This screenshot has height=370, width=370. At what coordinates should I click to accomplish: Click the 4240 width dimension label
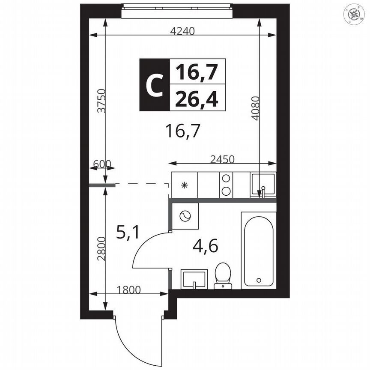182,31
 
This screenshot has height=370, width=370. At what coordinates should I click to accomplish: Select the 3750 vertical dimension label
101,101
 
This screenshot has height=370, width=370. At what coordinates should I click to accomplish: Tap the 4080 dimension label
255,108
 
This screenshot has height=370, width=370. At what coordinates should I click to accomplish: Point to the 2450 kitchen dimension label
223,159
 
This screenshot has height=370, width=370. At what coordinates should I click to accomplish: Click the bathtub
258,251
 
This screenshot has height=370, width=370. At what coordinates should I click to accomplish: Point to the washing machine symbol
185,216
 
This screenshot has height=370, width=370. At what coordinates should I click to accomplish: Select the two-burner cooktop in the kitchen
225,185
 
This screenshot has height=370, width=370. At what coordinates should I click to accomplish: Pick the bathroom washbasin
194,279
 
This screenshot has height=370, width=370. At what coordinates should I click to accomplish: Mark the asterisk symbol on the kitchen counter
185,185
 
